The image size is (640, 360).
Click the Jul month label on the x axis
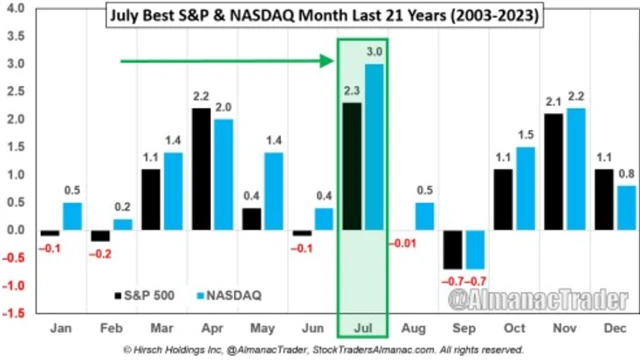coord(364,327)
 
